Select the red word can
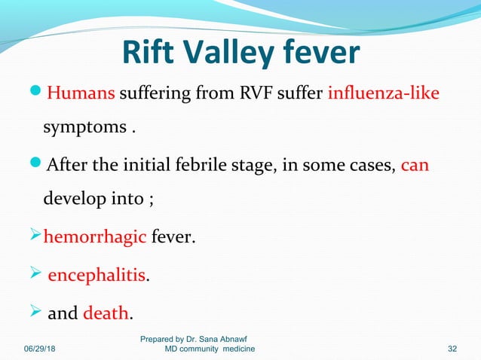coord(415,164)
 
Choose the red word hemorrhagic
coord(96,239)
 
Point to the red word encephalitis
coord(97,276)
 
